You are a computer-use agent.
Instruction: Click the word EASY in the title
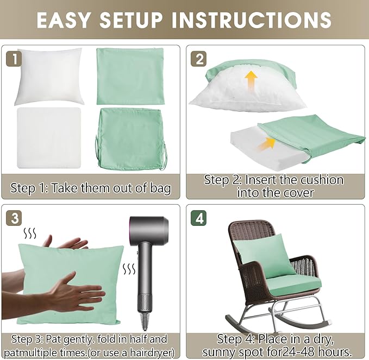click(64, 20)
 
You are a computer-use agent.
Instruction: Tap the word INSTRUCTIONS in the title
click(252, 20)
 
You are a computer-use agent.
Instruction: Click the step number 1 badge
click(14, 59)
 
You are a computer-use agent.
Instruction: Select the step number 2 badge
click(199, 59)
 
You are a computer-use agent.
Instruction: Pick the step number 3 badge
click(14, 218)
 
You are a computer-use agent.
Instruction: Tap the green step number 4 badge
click(199, 218)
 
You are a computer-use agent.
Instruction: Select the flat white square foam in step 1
click(49, 138)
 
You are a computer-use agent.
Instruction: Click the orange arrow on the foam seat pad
click(267, 144)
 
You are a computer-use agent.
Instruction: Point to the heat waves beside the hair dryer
click(129, 269)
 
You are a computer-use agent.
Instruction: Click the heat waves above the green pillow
click(30, 233)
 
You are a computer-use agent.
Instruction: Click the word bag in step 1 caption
click(161, 188)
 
